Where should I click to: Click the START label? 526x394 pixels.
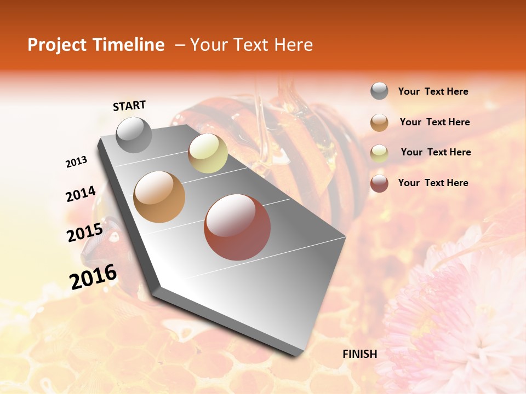click(129, 106)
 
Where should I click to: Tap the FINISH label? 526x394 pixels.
click(359, 354)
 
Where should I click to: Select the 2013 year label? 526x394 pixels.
click(76, 161)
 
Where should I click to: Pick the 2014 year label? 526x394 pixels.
click(81, 194)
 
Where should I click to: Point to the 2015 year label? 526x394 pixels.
click(85, 233)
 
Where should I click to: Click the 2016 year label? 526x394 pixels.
click(93, 277)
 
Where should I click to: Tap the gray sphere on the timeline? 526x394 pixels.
click(134, 135)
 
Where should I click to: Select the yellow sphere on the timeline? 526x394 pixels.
click(208, 153)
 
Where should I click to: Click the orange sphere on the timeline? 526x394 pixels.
click(159, 197)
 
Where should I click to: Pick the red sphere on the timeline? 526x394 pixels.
click(237, 227)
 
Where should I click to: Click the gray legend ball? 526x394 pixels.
click(379, 91)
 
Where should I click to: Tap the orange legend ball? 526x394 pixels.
click(379, 123)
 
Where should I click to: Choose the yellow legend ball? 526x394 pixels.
click(379, 153)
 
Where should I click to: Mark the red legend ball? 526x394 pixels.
click(379, 183)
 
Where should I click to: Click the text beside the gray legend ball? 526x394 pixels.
click(433, 92)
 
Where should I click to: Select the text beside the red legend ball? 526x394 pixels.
click(433, 183)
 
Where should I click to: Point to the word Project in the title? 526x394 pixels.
click(56, 45)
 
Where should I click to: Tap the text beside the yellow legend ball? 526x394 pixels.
click(436, 152)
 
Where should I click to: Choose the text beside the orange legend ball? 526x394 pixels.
click(434, 122)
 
